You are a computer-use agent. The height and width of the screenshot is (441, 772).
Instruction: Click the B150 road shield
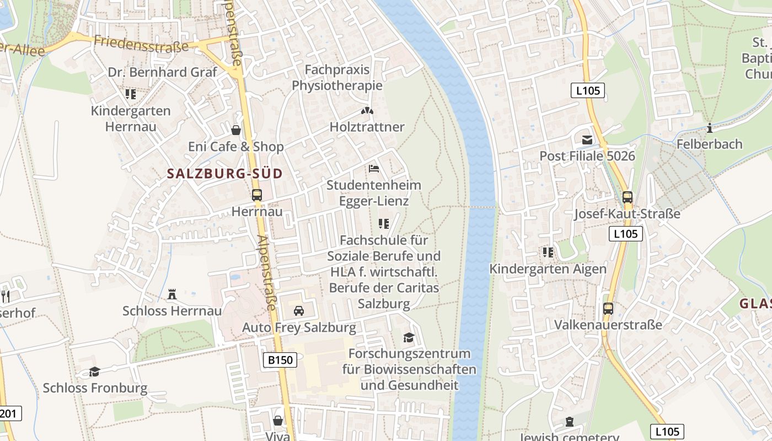[x=280, y=360]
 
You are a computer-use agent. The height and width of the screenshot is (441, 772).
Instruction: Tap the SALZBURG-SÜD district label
[x=224, y=174]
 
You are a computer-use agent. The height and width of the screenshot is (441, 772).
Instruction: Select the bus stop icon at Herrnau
[x=257, y=195]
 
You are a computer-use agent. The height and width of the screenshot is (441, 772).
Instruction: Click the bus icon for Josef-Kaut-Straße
[x=627, y=197]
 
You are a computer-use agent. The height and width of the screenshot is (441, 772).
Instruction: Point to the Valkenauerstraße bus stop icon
[x=608, y=309]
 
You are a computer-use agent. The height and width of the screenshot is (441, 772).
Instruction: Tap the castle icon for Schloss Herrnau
[x=172, y=294]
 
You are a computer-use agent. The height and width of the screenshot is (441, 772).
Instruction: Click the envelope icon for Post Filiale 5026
[x=587, y=140]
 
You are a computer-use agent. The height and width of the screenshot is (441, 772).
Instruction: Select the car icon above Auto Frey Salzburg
[x=299, y=311]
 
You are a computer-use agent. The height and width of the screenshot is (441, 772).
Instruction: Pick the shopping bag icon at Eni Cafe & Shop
[x=236, y=130]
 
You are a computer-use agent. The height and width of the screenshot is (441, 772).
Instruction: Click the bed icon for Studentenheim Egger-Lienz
[x=374, y=169]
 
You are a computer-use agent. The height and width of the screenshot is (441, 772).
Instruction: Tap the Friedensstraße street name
[x=141, y=44]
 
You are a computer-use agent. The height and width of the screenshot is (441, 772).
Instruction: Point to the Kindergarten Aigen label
[x=548, y=269]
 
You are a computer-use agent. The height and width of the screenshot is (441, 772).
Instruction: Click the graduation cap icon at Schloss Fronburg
[x=95, y=372]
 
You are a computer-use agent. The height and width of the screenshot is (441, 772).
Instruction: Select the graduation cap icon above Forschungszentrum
[x=409, y=337]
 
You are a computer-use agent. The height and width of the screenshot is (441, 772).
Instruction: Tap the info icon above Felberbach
[x=710, y=128]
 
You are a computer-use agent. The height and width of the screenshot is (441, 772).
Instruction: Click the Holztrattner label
[x=367, y=127]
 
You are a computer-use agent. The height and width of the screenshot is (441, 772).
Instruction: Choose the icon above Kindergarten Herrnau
[x=131, y=94]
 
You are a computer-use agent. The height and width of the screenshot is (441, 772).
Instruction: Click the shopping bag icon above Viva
[x=278, y=421]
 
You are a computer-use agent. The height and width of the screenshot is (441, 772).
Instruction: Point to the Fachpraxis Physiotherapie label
[x=337, y=78]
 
